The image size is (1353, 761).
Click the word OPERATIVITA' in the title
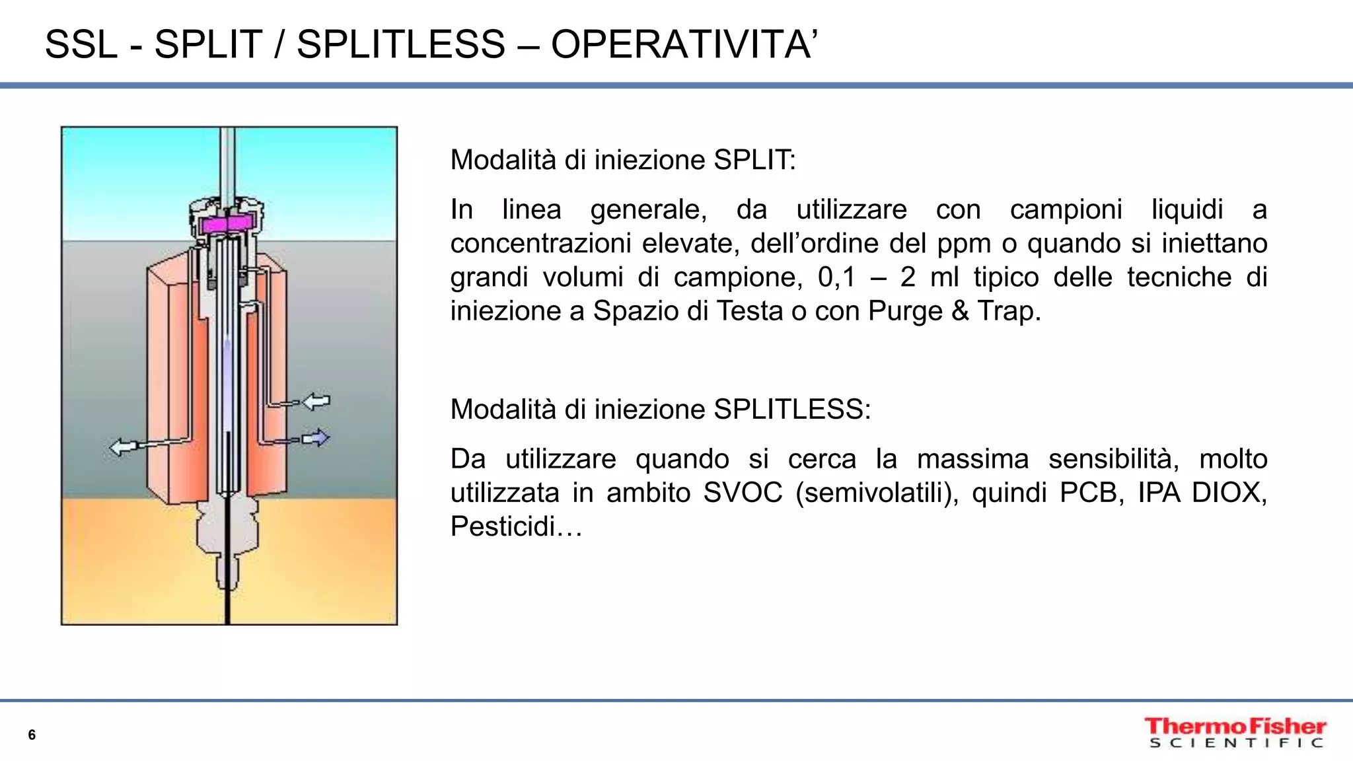(684, 45)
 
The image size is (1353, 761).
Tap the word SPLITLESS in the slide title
(401, 45)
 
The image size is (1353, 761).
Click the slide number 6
(32, 735)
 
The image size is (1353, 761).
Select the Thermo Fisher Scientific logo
(1235, 733)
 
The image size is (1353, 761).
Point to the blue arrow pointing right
(315, 438)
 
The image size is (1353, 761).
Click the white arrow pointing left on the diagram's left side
(123, 447)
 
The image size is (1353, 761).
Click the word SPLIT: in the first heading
(755, 160)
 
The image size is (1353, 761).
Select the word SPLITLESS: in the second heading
(792, 410)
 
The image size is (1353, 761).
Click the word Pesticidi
(515, 526)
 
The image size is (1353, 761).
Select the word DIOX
(1229, 493)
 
